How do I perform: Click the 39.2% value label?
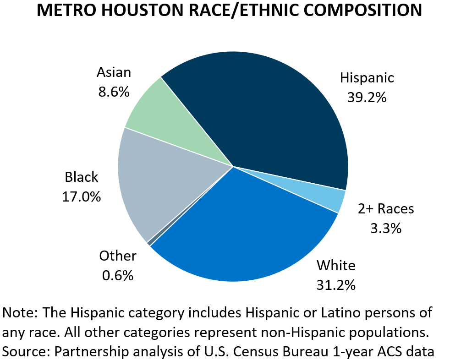[x=367, y=97]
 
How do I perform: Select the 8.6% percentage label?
[x=114, y=92]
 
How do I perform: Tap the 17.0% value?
[x=82, y=196]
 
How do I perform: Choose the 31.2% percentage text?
[x=336, y=285]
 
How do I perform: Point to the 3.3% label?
[x=386, y=228]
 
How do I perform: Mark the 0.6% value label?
[x=118, y=275]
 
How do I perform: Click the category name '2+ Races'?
[x=386, y=209]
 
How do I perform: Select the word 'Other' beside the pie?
[x=118, y=256]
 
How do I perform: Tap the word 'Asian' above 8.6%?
[x=114, y=72]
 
